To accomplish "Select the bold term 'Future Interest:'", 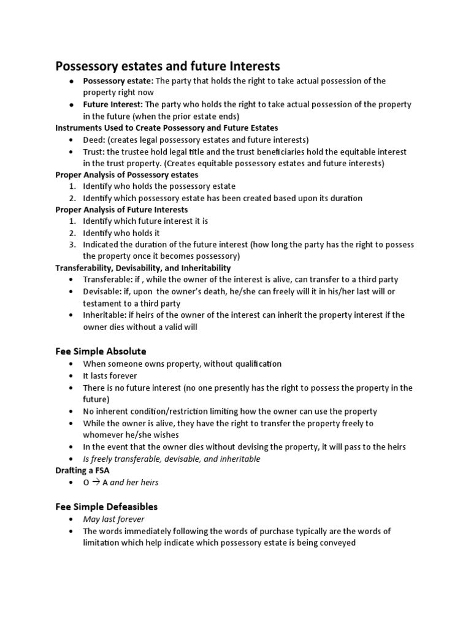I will click(x=113, y=104).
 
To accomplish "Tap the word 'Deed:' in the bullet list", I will click(x=94, y=140).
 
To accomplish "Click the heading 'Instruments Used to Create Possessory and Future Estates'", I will click(x=167, y=128).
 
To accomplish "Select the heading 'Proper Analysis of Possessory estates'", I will click(x=127, y=174).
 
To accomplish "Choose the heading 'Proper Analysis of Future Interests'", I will click(x=122, y=209).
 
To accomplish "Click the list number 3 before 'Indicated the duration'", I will click(x=71, y=244).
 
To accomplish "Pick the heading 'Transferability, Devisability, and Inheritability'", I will click(x=143, y=268).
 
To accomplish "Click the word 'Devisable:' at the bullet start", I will click(x=103, y=291).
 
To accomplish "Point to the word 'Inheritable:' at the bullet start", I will click(x=105, y=315).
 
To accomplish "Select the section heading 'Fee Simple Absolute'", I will click(x=101, y=351).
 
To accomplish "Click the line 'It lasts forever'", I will click(x=110, y=375).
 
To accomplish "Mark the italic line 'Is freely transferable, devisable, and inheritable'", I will click(x=172, y=459).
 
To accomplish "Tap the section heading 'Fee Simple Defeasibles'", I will click(x=107, y=507).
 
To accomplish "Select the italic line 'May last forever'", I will click(x=114, y=519).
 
